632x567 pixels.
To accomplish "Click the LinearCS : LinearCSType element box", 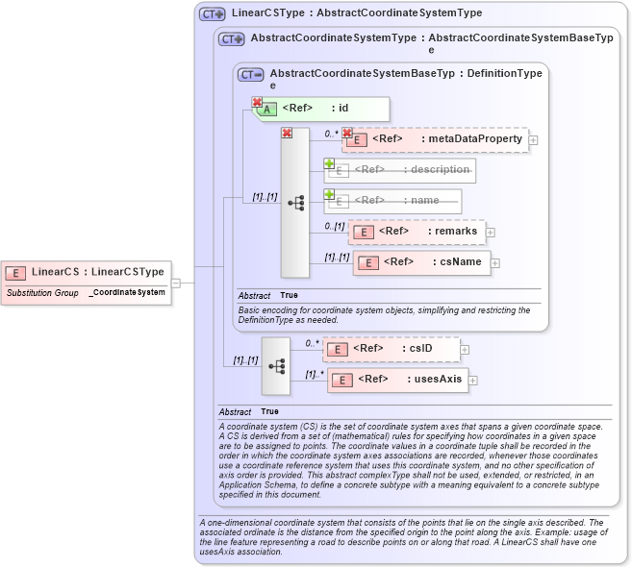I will point(87,272).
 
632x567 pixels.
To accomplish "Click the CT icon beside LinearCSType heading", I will point(212,14).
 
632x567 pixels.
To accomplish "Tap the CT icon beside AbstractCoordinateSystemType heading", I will point(231,39).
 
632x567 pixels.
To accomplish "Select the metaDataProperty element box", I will point(436,139).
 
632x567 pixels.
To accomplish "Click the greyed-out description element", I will point(401,170).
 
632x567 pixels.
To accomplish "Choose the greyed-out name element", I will point(393,201).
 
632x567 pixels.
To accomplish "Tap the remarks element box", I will point(417,232).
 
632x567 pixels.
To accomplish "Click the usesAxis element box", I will point(396,380).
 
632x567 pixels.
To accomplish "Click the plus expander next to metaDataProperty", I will point(534,140).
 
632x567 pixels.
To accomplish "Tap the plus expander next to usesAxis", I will point(473,381).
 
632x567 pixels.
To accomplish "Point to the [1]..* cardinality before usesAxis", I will point(314,374).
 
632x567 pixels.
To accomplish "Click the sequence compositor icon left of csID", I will point(276,366).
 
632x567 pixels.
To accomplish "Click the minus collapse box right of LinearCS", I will point(176,283).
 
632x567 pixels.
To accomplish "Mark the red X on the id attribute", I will point(257,102).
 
